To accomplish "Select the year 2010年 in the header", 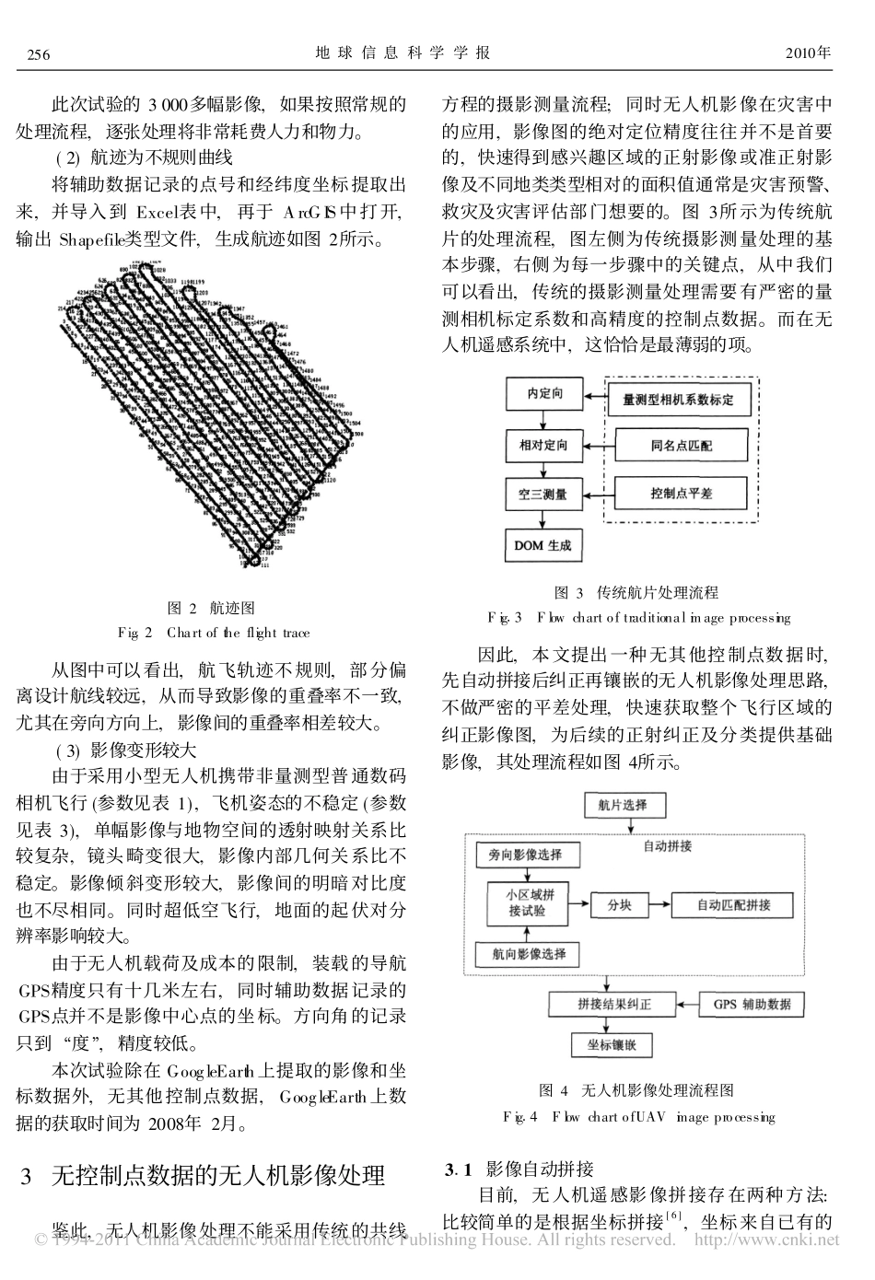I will [808, 53].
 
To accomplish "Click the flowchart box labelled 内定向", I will [544, 395].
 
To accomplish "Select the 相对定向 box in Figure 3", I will [544, 446].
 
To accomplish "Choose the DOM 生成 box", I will [542, 545].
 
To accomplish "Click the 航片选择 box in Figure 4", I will [623, 805].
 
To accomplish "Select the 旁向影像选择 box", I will [525, 855].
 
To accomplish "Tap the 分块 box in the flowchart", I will [619, 904].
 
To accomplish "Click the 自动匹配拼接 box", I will [733, 904].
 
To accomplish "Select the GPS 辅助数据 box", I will [752, 1004].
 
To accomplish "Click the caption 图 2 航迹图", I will [212, 609].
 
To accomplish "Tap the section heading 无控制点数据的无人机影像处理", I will [217, 1176].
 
